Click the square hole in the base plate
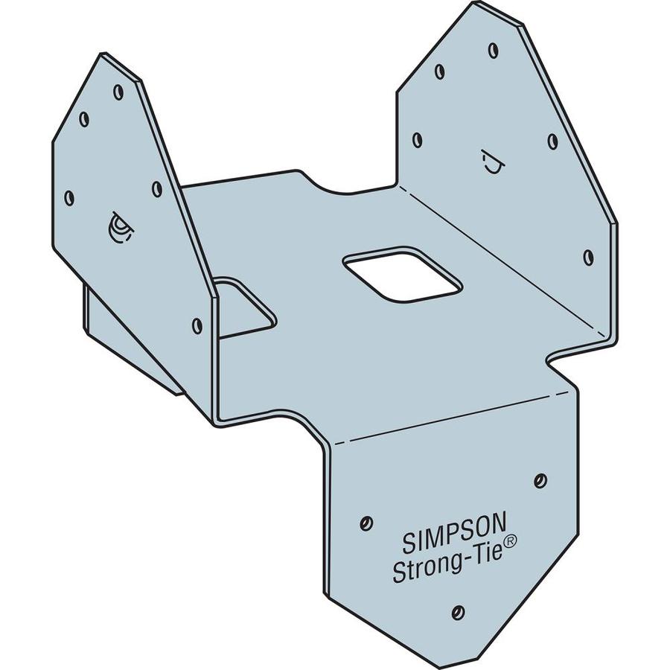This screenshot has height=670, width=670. [x=401, y=275]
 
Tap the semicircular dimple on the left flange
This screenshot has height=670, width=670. [x=119, y=228]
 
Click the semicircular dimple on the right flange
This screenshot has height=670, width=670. [x=491, y=162]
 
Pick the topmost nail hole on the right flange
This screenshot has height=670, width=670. [x=493, y=51]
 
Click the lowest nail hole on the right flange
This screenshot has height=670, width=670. [x=588, y=258]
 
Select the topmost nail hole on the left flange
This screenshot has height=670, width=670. [x=118, y=92]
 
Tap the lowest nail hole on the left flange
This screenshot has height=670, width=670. [x=197, y=325]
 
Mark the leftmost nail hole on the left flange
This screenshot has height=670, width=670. [x=69, y=198]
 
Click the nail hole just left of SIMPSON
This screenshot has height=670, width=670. [x=365, y=523]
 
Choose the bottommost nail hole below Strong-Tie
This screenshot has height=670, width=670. [x=458, y=613]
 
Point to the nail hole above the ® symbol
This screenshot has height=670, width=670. [x=540, y=480]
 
